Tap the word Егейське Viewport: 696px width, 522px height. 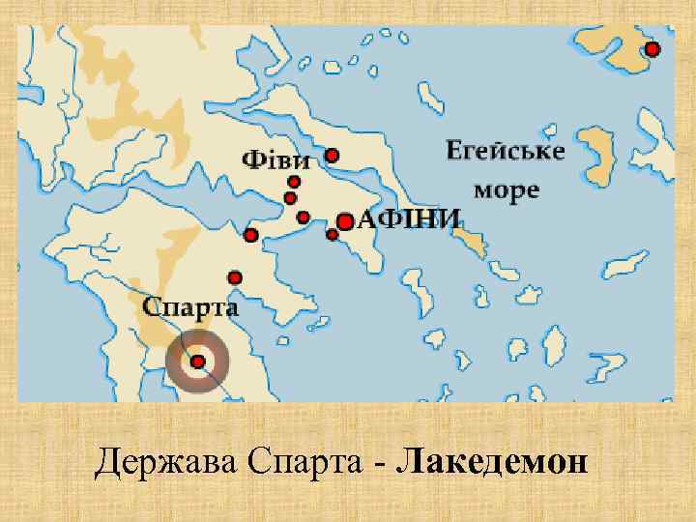(x=505, y=152)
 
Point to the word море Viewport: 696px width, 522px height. (x=505, y=189)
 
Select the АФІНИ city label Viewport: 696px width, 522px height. (x=410, y=219)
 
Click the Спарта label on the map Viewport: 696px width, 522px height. (x=190, y=306)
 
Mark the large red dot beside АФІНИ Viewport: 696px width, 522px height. (x=345, y=221)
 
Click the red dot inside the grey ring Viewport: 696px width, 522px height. (x=197, y=362)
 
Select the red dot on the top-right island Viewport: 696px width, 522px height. (x=652, y=49)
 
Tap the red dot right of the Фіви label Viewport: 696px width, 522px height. (x=332, y=155)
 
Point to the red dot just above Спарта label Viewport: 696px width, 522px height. (x=234, y=277)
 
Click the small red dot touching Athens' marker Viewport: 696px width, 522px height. (x=332, y=234)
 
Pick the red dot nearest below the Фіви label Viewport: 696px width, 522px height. (x=294, y=181)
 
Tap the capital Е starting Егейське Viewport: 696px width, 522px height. (x=453, y=151)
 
